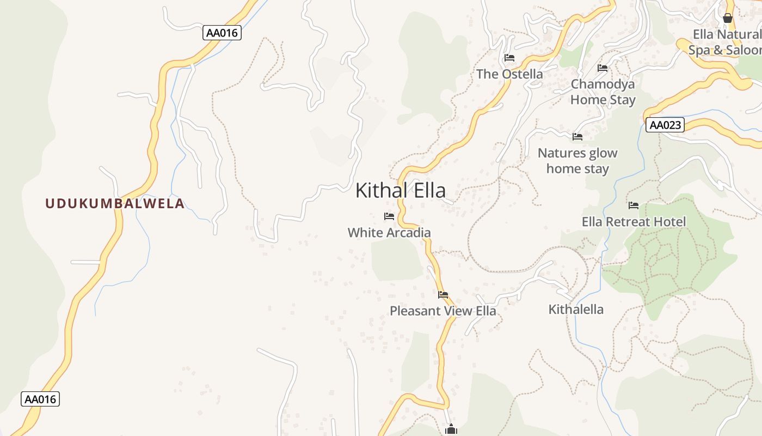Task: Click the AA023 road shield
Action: [665, 125]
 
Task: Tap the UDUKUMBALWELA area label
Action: [115, 204]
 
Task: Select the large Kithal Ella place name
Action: [400, 190]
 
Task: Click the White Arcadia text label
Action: [389, 233]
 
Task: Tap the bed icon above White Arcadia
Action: [389, 216]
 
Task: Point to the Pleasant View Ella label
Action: [443, 311]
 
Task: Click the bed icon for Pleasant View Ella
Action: [443, 295]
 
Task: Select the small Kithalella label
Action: [576, 310]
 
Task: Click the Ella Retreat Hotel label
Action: [634, 222]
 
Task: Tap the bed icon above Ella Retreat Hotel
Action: [634, 205]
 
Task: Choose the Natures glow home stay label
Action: [577, 161]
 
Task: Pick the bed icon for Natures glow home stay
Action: [577, 136]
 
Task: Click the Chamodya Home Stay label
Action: [603, 92]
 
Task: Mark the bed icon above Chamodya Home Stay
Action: [603, 68]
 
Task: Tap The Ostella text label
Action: [509, 74]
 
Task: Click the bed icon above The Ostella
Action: [509, 57]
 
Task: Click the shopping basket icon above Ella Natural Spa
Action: [728, 18]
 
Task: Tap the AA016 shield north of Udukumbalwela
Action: [222, 33]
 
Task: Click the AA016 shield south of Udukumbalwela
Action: [40, 399]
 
